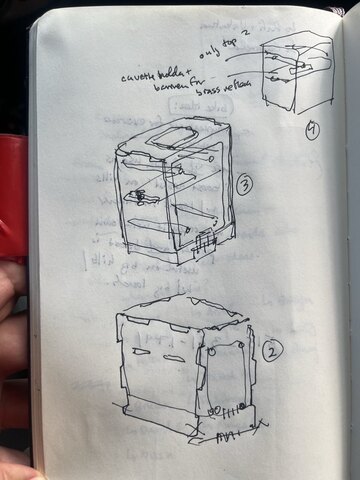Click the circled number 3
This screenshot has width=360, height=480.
pos(245,184)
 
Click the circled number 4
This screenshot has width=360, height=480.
pos(313,131)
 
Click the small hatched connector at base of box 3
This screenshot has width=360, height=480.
pos(206,243)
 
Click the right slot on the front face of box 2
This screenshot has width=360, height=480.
pos(183,358)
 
